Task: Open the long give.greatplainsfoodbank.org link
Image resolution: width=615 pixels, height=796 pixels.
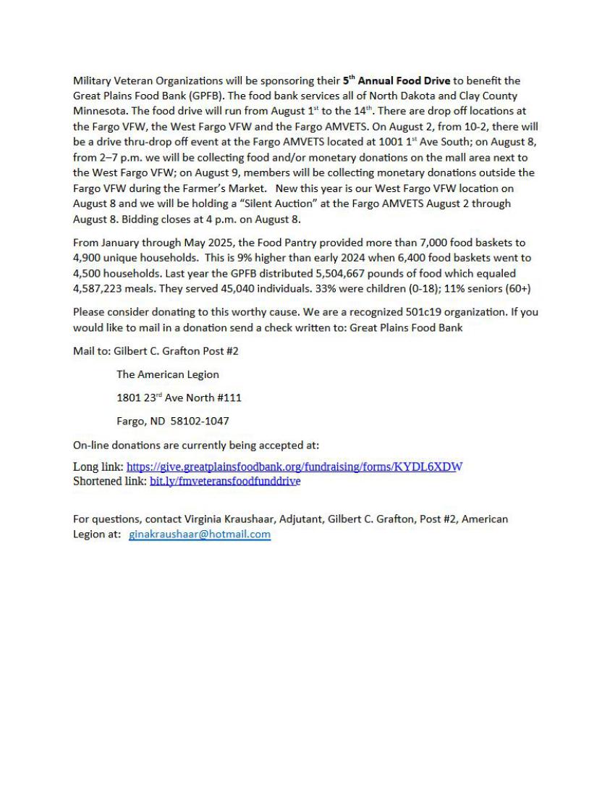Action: point(294,466)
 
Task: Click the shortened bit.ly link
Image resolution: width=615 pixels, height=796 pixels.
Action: point(224,480)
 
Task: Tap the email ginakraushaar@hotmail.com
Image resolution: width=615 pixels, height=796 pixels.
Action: point(200,535)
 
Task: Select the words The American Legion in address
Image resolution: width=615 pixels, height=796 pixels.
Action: point(167,374)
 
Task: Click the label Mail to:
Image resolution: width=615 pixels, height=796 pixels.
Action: point(92,351)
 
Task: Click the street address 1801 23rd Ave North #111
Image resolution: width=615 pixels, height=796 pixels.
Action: point(179,398)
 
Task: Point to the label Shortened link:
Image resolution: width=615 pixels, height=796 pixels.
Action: point(110,480)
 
